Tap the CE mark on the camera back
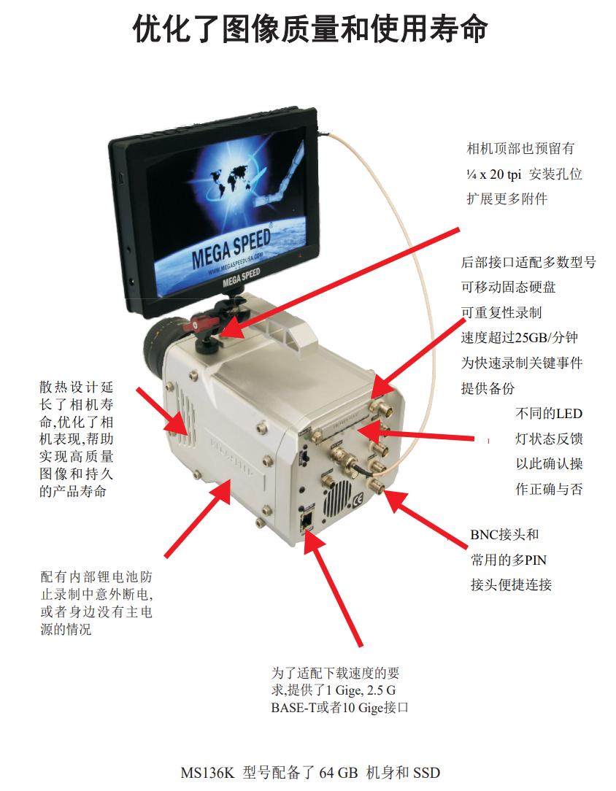tap(358, 499)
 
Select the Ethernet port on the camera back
tap(307, 520)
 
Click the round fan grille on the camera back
tap(336, 498)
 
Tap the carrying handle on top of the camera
tap(288, 328)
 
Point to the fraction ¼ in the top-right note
tap(471, 174)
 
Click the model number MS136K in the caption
tap(207, 773)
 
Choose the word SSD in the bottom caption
tap(427, 773)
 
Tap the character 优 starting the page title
tap(147, 28)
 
